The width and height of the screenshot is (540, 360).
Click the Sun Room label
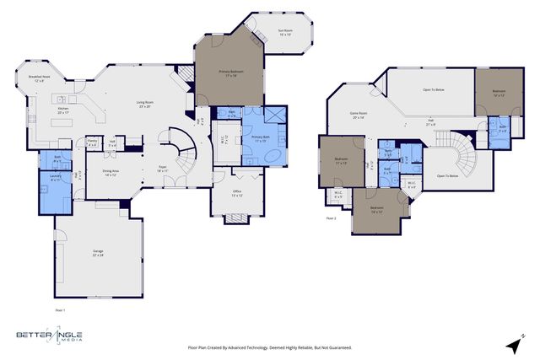[285, 33]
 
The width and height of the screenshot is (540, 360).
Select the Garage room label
[98, 253]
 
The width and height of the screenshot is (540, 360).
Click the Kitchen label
[63, 110]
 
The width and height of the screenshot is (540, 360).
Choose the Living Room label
[145, 105]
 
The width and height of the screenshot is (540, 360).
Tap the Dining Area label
[110, 172]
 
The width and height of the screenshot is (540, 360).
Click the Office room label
[237, 193]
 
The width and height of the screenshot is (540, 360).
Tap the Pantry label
[92, 142]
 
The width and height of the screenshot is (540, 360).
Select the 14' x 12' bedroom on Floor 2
[376, 208]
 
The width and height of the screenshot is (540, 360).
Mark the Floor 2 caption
[332, 218]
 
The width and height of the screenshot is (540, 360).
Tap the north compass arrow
[513, 345]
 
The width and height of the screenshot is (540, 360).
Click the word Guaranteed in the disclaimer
[338, 347]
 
